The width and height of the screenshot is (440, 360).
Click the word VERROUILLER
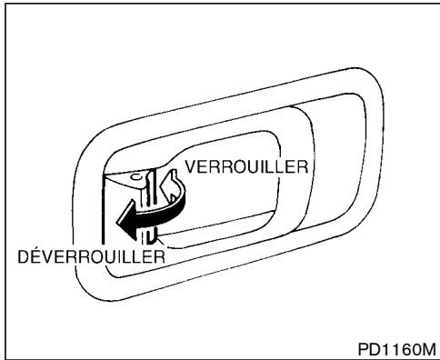(x=247, y=168)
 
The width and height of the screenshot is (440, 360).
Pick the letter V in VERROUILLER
(x=192, y=168)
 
